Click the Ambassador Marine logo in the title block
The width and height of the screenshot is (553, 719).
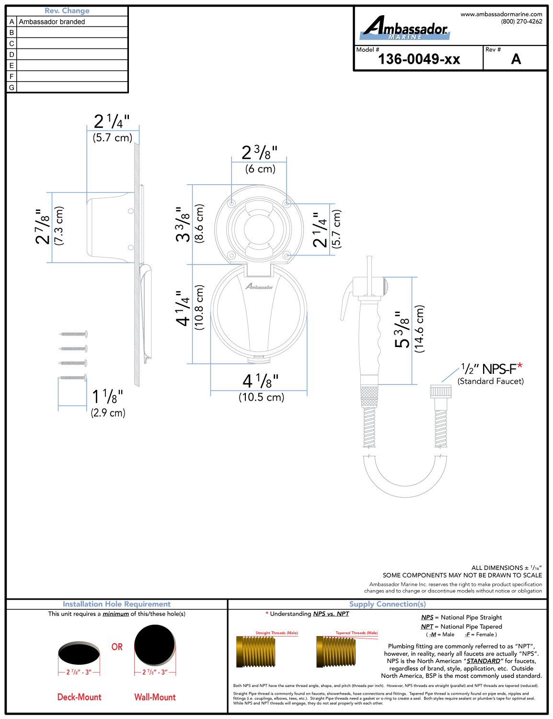coord(405,28)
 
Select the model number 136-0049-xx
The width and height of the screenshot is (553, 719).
coord(419,59)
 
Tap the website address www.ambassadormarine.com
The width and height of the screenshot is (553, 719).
coord(501,14)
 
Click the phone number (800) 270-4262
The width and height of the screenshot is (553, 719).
coord(521,22)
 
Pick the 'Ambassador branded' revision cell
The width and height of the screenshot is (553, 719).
coord(52,22)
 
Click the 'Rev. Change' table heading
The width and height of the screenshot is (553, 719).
coord(67,11)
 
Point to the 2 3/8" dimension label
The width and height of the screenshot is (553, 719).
coord(260,152)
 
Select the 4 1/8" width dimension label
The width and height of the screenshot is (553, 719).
coord(261,381)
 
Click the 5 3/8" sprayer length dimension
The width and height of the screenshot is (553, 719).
coord(402,329)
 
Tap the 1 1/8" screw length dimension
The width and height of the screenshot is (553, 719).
coord(107,396)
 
